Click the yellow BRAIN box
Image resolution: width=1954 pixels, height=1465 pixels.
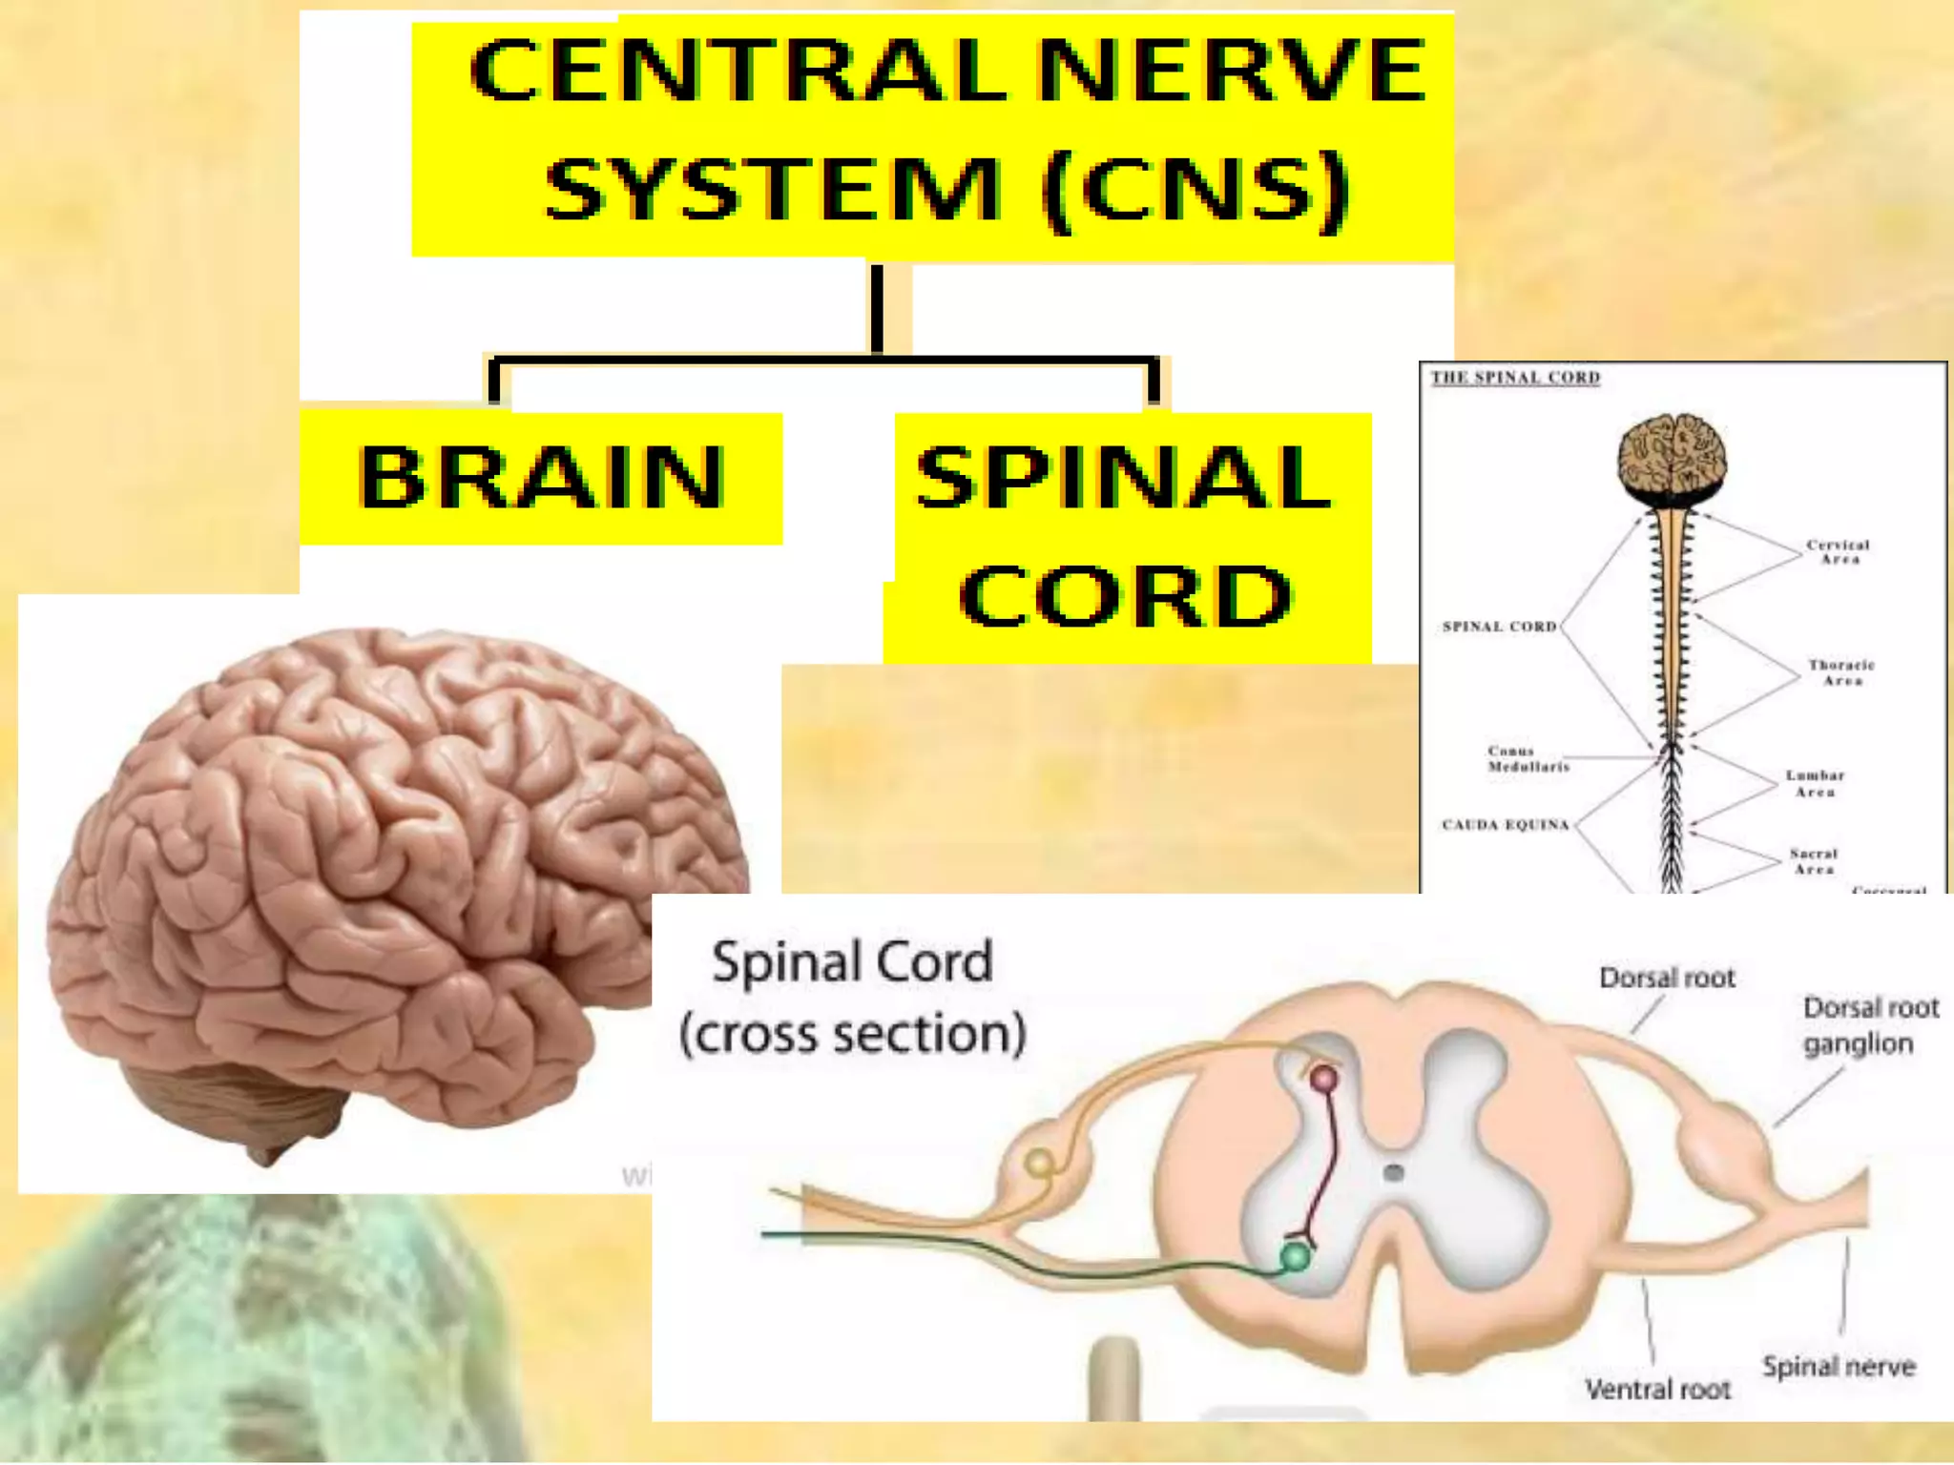coord(541,478)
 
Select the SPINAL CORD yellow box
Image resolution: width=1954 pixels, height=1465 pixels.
coord(1126,537)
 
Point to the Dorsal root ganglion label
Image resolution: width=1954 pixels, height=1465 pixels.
coord(1869,1025)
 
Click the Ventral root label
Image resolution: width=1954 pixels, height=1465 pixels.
coord(1657,1390)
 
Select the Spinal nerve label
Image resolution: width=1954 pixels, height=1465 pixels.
coord(1839,1367)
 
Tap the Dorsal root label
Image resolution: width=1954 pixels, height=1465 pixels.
coord(1667,978)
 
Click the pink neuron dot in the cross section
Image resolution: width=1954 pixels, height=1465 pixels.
coord(1324,1080)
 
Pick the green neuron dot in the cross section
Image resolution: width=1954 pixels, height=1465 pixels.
coord(1295,1256)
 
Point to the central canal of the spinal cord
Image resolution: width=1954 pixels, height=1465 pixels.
coord(1394,1172)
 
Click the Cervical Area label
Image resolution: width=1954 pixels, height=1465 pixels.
coord(1838,552)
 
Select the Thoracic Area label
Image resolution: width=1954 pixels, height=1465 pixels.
coord(1840,672)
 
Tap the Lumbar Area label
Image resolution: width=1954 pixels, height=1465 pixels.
coord(1815,783)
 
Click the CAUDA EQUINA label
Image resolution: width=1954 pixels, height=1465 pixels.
coord(1505,824)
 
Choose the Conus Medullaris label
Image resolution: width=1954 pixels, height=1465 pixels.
coord(1527,758)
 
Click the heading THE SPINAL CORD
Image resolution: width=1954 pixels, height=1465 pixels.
coord(1515,378)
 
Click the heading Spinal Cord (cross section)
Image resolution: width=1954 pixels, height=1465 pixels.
coord(852,998)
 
